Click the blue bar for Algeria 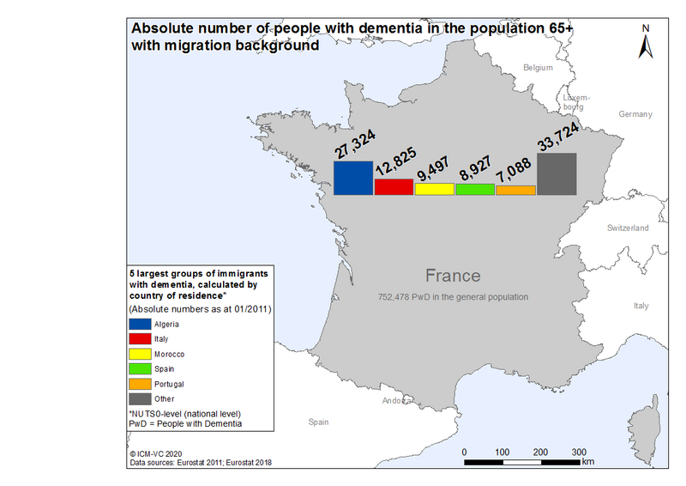coord(353,178)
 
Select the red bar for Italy coord(394,186)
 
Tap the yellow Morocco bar coord(435,189)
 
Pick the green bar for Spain coord(475,190)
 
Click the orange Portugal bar coord(516,191)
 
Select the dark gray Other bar coord(557,174)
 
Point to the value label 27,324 coord(355,144)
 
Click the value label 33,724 coord(558,137)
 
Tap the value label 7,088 coord(514,170)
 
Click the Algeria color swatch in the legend coord(140,324)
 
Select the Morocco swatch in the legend coord(140,354)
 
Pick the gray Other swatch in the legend coord(140,398)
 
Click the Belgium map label coord(538,68)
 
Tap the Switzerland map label coord(628,228)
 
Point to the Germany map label coord(635,114)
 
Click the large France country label coord(453,276)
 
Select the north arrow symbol coord(646,46)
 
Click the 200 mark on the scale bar coord(540,453)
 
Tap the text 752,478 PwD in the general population coord(453,297)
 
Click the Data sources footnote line coord(201,462)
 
